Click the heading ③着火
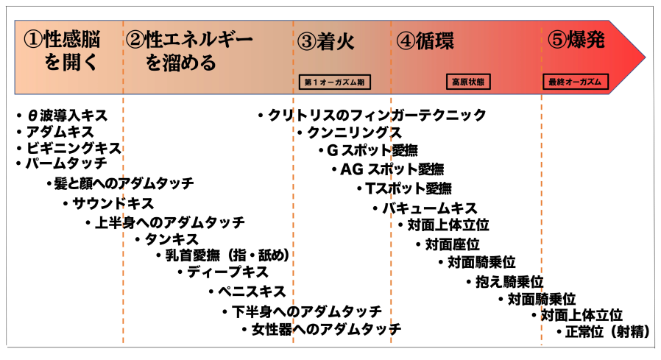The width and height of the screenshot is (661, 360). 326,41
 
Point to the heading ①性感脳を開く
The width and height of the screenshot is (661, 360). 63,50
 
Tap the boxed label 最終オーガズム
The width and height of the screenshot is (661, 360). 576,82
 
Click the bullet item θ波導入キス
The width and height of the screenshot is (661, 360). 66,116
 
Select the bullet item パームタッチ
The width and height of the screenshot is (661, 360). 66,163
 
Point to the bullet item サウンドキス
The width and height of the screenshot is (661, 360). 113,203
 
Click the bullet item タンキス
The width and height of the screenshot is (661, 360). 171,239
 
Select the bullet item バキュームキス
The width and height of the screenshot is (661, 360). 429,208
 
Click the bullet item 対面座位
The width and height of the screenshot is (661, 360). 453,244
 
